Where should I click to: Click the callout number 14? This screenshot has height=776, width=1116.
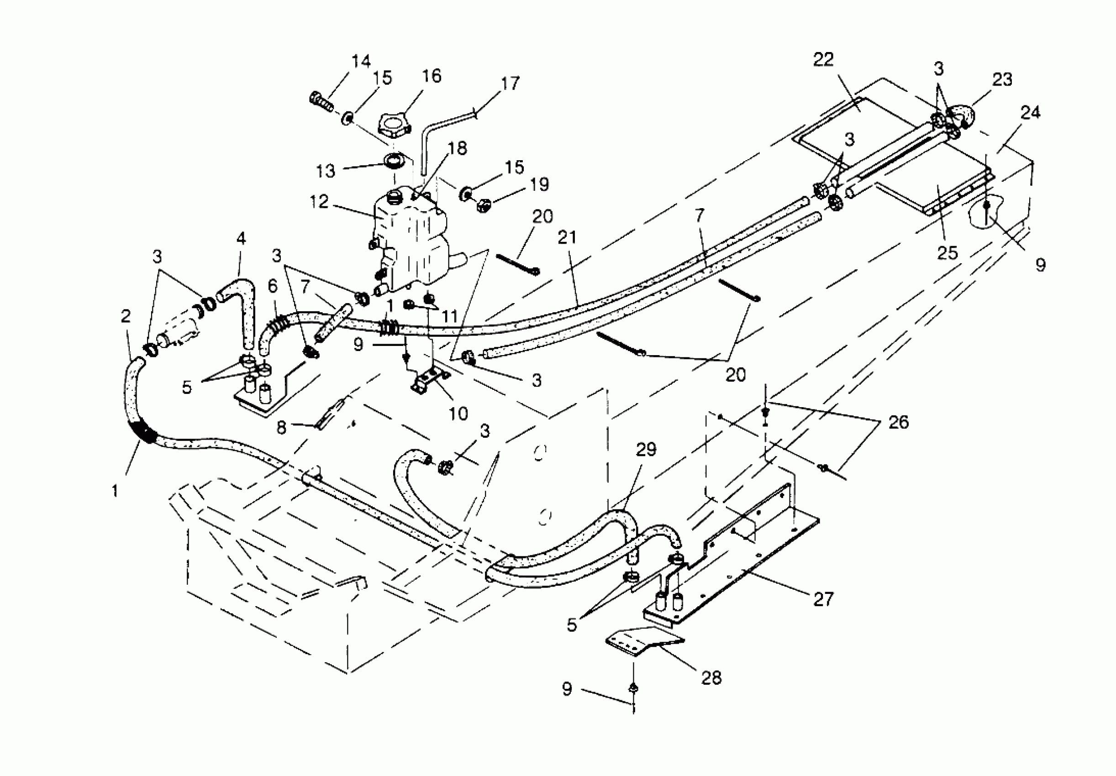[x=361, y=61]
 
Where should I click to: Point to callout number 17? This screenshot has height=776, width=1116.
[x=510, y=84]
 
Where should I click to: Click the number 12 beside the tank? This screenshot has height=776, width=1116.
[x=319, y=202]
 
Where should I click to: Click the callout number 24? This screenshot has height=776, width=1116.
[x=1031, y=113]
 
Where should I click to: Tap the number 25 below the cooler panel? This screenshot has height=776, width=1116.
[x=947, y=253]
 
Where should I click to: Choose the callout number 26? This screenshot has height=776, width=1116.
[x=898, y=422]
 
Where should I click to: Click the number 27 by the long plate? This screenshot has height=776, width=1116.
[x=823, y=599]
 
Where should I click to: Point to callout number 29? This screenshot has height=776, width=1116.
[x=646, y=450]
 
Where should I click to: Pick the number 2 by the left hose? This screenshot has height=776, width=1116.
[x=126, y=316]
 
